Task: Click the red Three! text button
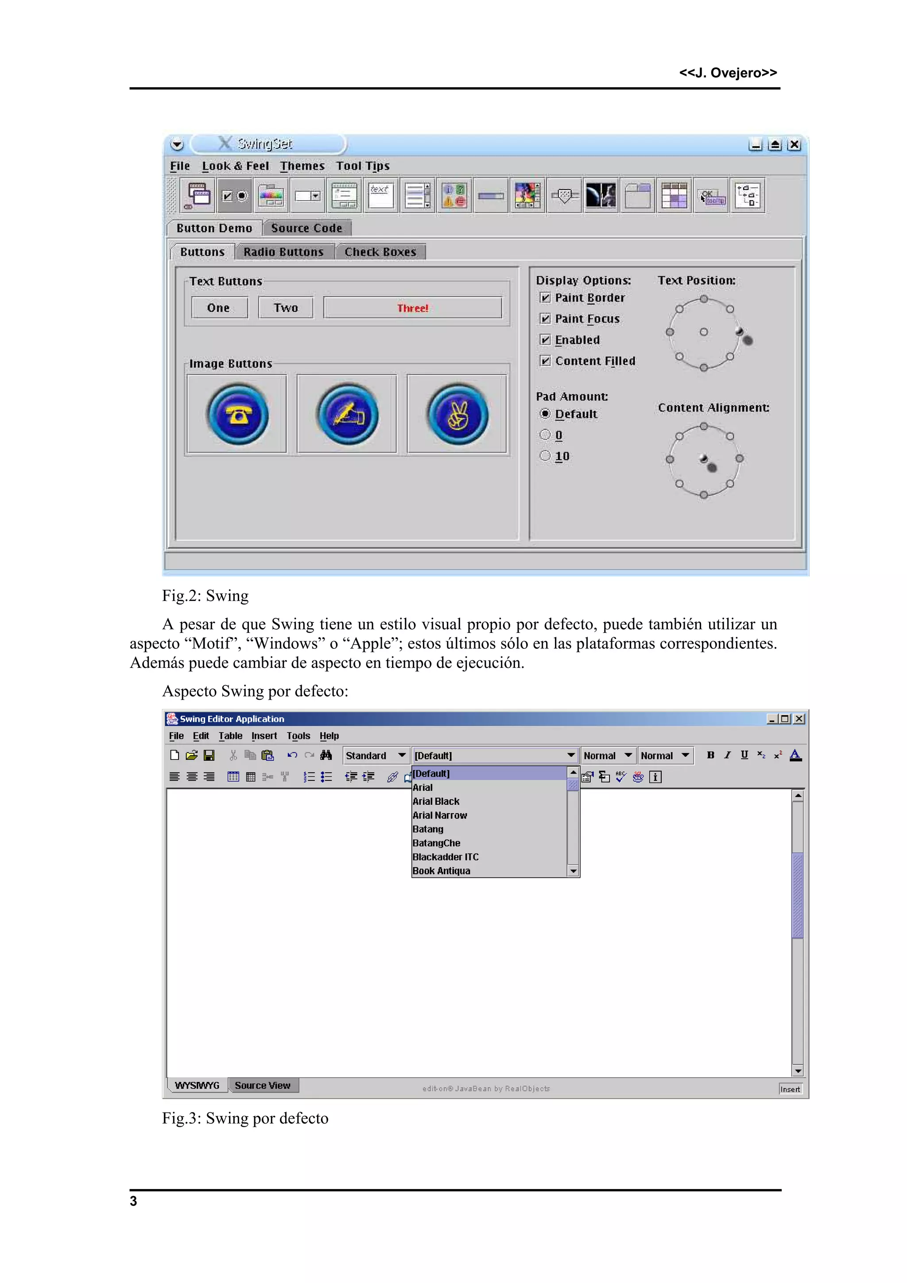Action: [412, 308]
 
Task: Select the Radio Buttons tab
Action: [283, 252]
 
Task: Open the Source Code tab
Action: [306, 228]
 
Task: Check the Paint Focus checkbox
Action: [545, 318]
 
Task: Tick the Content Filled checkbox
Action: [545, 361]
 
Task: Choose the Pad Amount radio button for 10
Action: [545, 456]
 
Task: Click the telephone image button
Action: [237, 414]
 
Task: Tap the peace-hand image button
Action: [457, 414]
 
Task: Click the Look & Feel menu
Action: [235, 166]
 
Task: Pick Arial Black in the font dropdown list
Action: [436, 801]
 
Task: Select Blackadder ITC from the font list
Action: [446, 857]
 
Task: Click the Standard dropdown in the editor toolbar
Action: [376, 756]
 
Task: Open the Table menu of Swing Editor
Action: [230, 736]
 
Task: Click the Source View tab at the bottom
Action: [263, 1085]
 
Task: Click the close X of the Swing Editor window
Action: [799, 719]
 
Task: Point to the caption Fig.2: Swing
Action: [205, 596]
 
